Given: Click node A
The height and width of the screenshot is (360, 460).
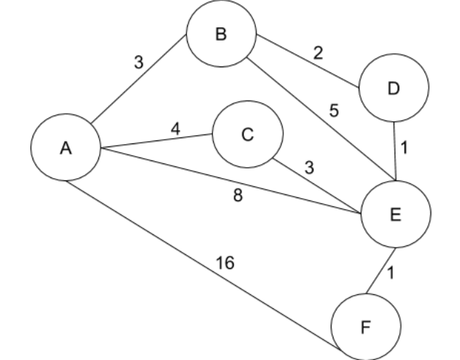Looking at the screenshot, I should click(66, 148).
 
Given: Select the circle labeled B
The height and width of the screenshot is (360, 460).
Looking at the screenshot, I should click(221, 36).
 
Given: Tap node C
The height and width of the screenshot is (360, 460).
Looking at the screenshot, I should click(248, 135).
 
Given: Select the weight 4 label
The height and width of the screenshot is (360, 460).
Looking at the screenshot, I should click(175, 127).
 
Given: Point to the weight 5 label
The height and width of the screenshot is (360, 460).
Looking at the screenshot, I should click(334, 112).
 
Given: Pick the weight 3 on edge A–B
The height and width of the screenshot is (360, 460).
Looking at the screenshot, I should click(138, 62).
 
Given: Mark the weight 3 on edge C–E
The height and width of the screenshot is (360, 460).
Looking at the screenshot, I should click(309, 167).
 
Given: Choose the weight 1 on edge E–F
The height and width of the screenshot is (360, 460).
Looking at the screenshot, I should click(392, 271).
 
